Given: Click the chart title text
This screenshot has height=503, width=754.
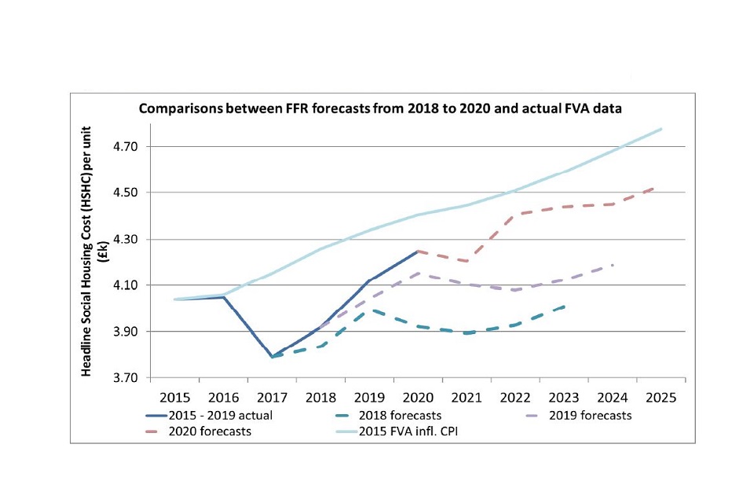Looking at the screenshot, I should [x=380, y=109].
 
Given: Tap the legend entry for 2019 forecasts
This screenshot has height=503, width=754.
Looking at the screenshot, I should [x=591, y=415].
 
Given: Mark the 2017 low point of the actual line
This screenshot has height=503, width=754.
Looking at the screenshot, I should [x=272, y=357].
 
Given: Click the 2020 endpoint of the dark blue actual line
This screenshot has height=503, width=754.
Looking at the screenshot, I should [x=418, y=251].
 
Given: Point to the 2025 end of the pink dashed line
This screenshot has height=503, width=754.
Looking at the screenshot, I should [x=656, y=188].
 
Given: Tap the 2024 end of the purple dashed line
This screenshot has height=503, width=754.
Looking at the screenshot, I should [x=613, y=265].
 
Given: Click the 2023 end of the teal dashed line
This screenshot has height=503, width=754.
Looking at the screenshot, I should [x=565, y=306].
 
